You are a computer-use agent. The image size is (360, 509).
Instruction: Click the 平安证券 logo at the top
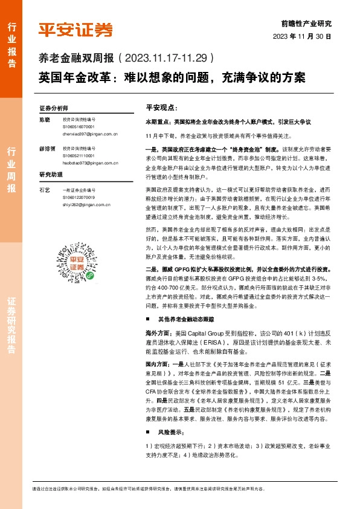76,29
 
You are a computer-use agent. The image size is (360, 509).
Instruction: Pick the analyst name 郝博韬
47,148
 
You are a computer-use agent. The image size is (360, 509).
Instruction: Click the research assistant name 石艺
44,190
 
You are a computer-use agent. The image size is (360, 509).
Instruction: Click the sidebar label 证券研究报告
11,326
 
